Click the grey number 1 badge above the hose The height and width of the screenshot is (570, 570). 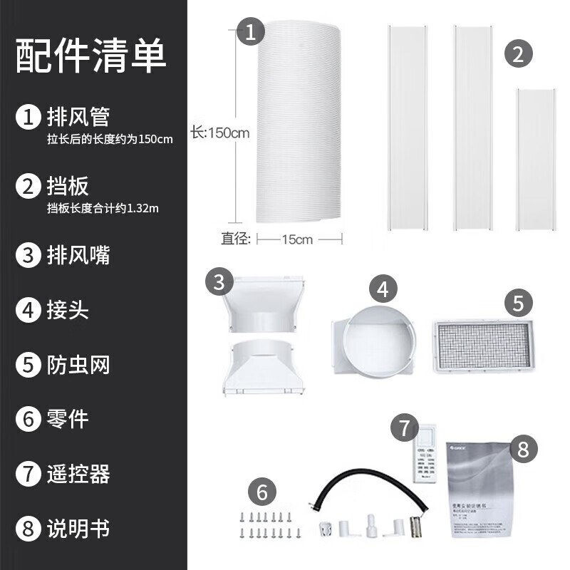pyautogui.click(x=250, y=32)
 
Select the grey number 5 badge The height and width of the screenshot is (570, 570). pyautogui.click(x=518, y=303)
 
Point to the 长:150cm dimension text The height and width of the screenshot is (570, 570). pyautogui.click(x=219, y=133)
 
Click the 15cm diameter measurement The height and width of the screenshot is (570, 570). pyautogui.click(x=297, y=239)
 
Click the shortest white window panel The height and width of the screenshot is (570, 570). pyautogui.click(x=536, y=160)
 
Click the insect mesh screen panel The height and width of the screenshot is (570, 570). pyautogui.click(x=482, y=346)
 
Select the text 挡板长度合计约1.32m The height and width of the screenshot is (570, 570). pyautogui.click(x=103, y=208)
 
